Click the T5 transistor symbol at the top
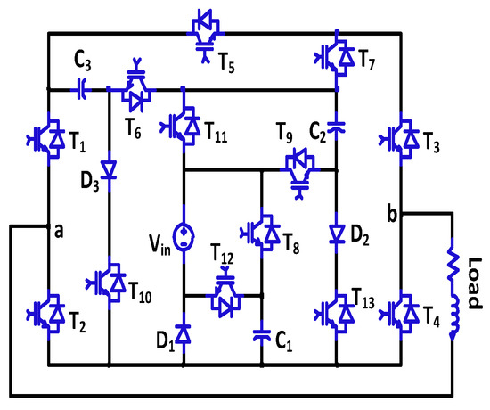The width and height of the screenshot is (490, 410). (203, 28)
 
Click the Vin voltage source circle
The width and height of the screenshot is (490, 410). (184, 235)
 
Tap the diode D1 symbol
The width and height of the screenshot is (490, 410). (184, 334)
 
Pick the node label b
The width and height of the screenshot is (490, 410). (392, 214)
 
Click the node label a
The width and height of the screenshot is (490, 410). (59, 230)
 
